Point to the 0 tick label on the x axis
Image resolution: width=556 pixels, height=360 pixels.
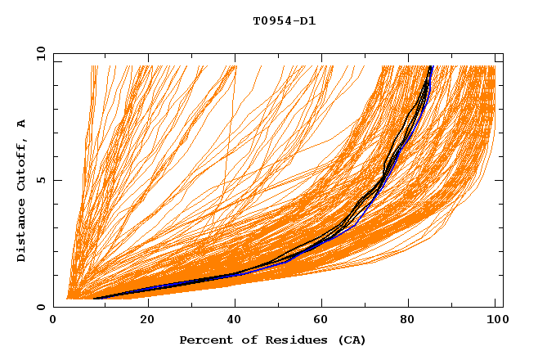[53, 321]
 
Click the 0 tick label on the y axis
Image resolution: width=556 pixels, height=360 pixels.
[41, 307]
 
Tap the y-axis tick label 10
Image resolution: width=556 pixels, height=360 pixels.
[38, 53]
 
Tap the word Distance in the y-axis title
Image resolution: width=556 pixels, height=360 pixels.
[22, 232]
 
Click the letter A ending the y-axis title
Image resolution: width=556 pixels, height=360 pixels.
[22, 123]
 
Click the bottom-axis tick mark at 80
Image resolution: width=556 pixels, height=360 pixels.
[407, 304]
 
